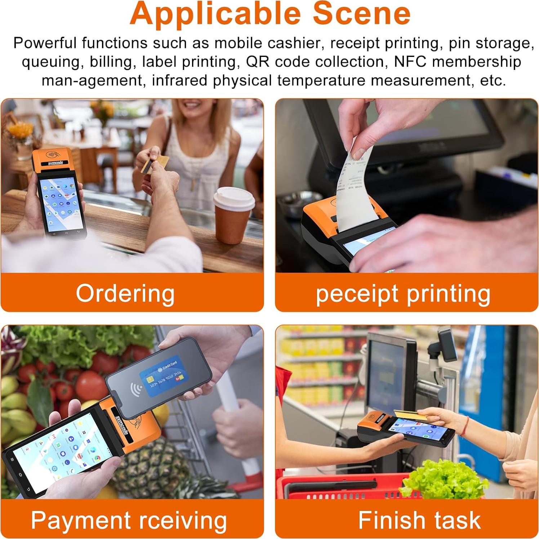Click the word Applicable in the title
[215, 14]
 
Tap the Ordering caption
[125, 293]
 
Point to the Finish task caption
[419, 520]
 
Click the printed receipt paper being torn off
[355, 187]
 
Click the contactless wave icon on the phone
[136, 390]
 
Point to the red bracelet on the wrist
[467, 426]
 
